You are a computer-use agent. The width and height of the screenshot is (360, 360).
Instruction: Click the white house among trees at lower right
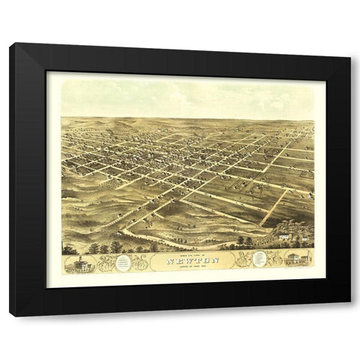click(x=284, y=236)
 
